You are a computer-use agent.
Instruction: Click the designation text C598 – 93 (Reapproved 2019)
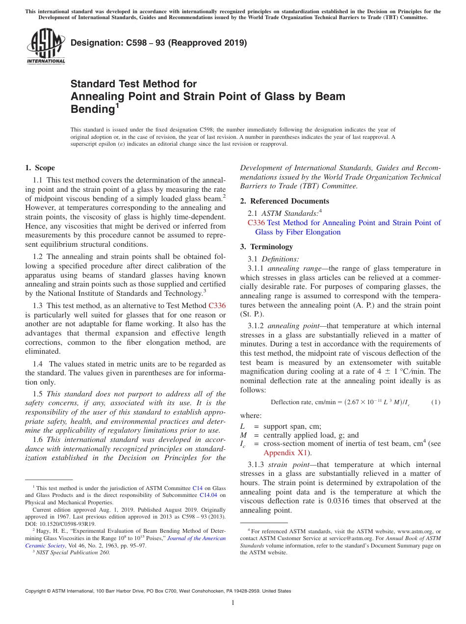[x=158, y=43]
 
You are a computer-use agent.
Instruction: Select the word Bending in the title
[x=93, y=109]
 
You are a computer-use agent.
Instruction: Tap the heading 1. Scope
[x=40, y=168]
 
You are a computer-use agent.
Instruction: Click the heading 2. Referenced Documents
[x=284, y=201]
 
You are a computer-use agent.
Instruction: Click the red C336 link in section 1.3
[x=217, y=305]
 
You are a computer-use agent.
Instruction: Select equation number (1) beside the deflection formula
[x=436, y=402]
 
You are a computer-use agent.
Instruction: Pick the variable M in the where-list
[x=243, y=435]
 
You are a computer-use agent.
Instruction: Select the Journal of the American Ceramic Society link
[x=197, y=538]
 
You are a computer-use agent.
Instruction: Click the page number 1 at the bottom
[x=233, y=602]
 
